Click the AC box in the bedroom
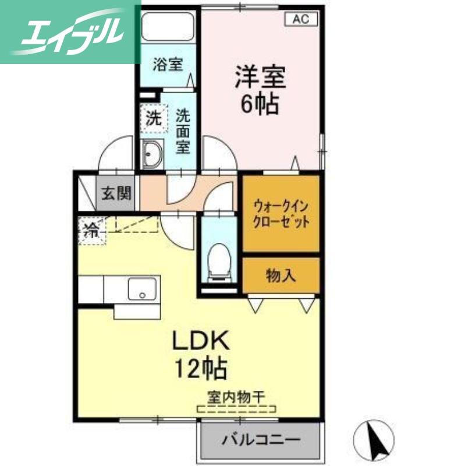coord(300,19)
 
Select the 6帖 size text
coord(260,105)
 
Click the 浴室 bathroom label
coord(168,64)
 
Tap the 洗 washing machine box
coord(153,119)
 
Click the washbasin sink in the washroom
coord(153,154)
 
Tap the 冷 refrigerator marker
coord(91,228)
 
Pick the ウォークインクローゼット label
coord(281,214)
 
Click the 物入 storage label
coord(281,275)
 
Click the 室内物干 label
coord(236,397)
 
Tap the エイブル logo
coord(70,31)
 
